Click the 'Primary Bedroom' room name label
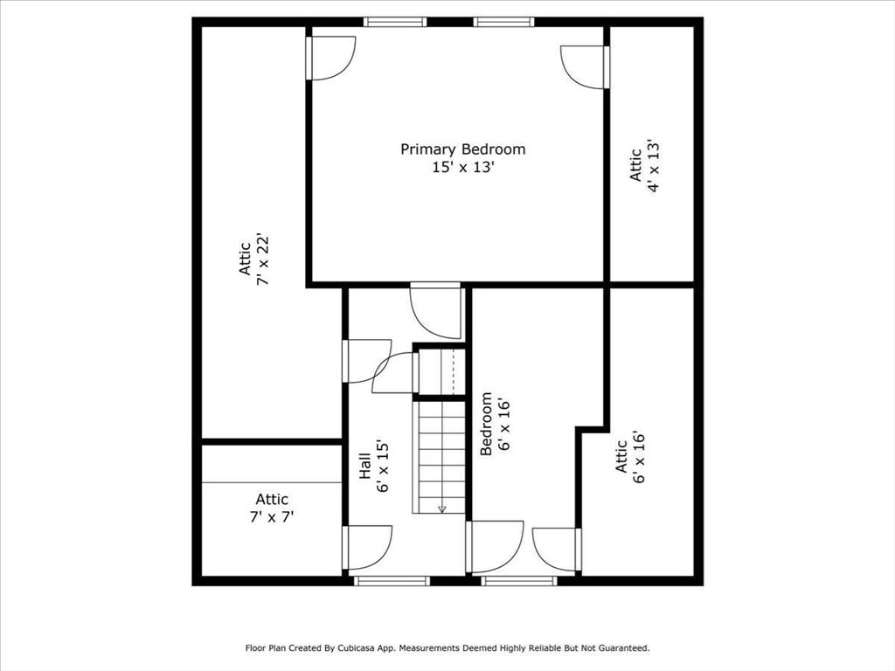coord(462,149)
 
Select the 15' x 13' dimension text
coord(462,167)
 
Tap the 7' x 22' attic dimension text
coord(261,261)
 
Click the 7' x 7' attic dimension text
coord(272,516)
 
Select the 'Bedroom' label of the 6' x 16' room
coord(487,424)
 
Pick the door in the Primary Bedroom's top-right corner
coord(585,66)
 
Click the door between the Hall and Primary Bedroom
coord(436,310)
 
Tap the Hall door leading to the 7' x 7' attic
coord(367,547)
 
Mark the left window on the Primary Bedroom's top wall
coord(395,22)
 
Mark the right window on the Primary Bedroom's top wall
coord(503,22)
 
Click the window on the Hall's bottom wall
coord(392,580)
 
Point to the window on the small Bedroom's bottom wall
coord(519,580)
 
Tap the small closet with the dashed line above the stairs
coord(440,371)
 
